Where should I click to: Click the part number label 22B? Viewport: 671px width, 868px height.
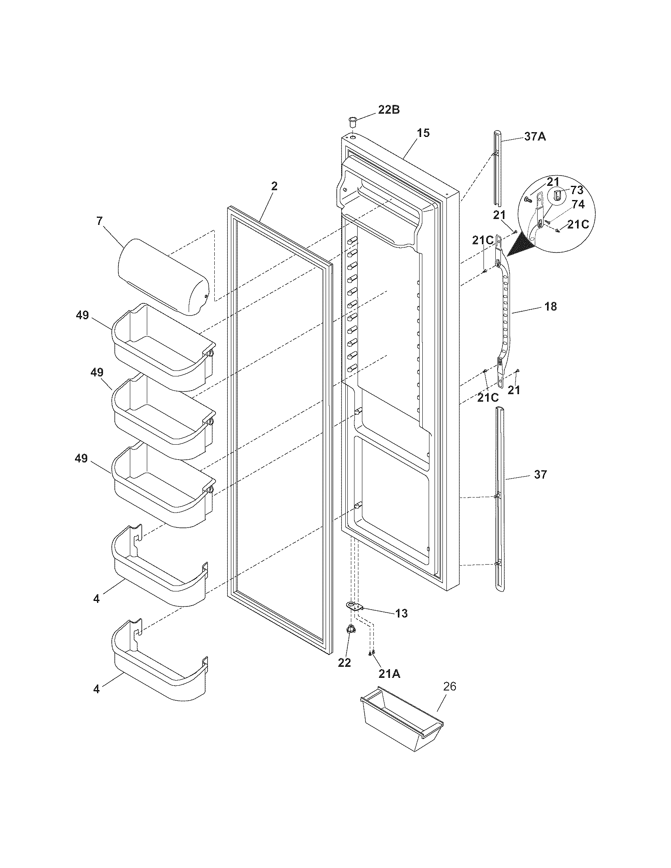(388, 110)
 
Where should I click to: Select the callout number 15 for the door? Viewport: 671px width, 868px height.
(424, 133)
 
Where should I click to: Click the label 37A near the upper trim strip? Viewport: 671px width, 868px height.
(535, 137)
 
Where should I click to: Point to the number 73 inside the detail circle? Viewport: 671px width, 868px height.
(577, 190)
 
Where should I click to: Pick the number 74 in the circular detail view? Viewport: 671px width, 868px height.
(578, 205)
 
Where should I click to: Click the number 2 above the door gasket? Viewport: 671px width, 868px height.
(274, 186)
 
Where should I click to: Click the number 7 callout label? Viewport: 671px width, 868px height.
(99, 221)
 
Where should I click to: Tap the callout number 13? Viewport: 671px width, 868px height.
(401, 614)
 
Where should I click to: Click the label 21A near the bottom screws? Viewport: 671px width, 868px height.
(389, 673)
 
